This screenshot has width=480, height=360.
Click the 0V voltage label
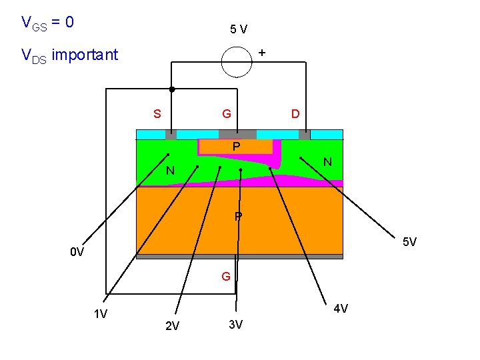(x=77, y=252)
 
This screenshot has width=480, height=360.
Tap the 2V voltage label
(x=172, y=326)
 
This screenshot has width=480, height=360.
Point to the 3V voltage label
(x=235, y=325)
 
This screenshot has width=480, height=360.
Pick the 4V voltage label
(x=341, y=308)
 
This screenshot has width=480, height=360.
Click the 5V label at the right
(x=409, y=241)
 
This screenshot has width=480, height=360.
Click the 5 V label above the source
(x=239, y=29)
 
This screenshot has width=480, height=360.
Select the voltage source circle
(x=238, y=63)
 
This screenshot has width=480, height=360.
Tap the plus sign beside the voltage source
(x=262, y=51)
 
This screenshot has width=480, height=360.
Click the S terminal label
(x=157, y=113)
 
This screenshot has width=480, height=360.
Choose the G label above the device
(x=227, y=113)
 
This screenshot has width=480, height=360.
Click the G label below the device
(x=227, y=275)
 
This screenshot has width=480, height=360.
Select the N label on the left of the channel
(x=171, y=171)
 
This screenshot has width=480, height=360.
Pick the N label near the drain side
(x=327, y=161)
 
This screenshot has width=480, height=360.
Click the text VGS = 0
(x=47, y=23)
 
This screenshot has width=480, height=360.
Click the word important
(x=85, y=54)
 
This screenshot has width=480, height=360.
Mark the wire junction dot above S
(x=171, y=89)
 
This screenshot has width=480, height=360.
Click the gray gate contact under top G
(x=237, y=134)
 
